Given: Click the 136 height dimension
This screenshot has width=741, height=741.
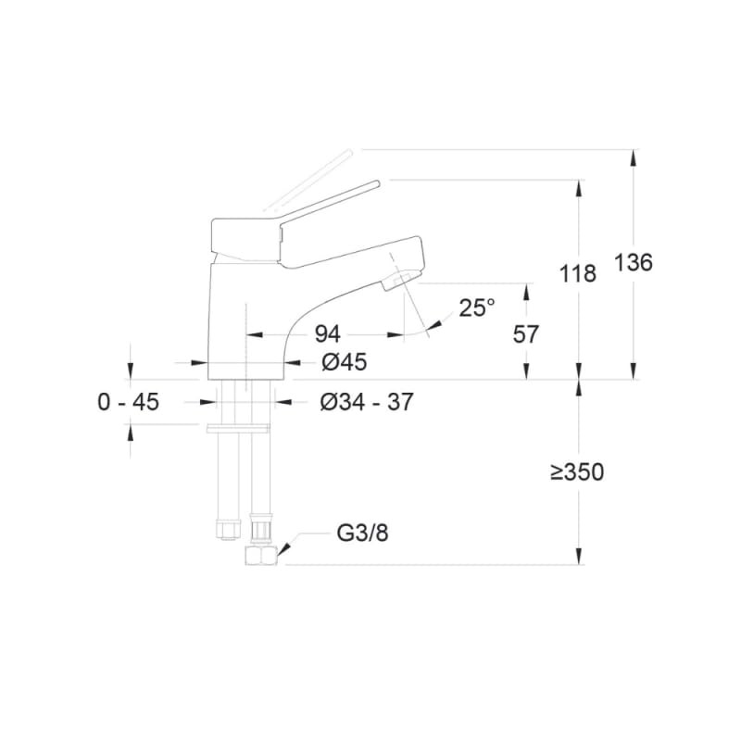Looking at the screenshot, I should (634, 262).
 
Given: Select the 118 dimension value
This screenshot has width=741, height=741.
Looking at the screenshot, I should (578, 274).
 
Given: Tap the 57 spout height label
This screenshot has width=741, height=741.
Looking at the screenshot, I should (525, 333).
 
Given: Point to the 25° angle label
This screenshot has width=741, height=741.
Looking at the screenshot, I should (477, 308).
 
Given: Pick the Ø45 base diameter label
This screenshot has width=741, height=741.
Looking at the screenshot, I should (344, 362).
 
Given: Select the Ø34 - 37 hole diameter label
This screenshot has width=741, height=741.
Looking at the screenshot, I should (366, 402).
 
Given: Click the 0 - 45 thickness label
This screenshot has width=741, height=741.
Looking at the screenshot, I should (128, 402).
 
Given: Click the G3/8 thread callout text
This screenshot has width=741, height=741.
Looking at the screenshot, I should (357, 534).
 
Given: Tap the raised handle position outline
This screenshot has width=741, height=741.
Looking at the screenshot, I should (306, 176).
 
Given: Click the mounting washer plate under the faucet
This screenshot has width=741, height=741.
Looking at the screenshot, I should (238, 427).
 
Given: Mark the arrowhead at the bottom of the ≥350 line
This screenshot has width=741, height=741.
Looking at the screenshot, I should (579, 557).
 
